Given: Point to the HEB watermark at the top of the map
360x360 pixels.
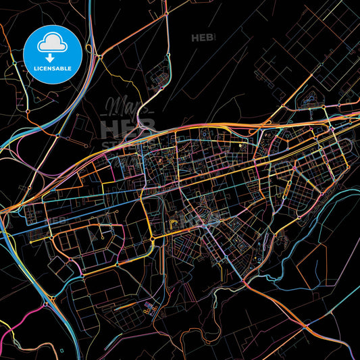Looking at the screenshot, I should tap(203, 38).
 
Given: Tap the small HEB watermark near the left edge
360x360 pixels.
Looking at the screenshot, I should tap(55, 221).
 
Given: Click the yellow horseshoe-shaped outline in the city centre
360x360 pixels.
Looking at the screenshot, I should tap(175, 220).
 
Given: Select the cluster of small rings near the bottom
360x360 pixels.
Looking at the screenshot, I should tap(150, 308).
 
